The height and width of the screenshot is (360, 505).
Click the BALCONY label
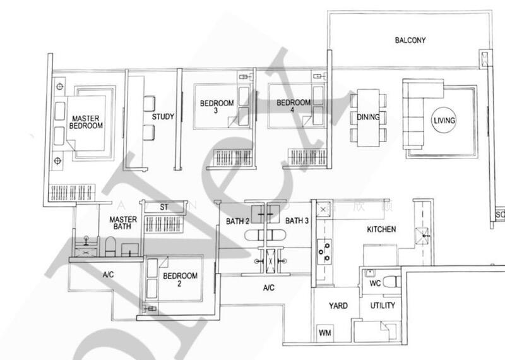410,40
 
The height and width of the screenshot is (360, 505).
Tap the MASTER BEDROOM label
86,122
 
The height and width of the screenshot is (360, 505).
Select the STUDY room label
163,117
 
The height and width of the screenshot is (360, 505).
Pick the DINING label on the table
368,117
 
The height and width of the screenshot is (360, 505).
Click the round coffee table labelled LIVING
444,120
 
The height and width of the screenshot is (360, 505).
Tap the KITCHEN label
381,229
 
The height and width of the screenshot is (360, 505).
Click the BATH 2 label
239,221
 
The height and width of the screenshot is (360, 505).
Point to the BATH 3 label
297,221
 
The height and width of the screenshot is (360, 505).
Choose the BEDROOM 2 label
181,280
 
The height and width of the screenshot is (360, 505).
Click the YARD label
338,306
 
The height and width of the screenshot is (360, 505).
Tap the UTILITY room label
383,306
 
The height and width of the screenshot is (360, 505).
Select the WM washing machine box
326,332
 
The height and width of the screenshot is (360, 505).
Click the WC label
375,284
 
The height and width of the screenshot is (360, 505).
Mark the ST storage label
163,207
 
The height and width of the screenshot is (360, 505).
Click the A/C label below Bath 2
269,288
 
